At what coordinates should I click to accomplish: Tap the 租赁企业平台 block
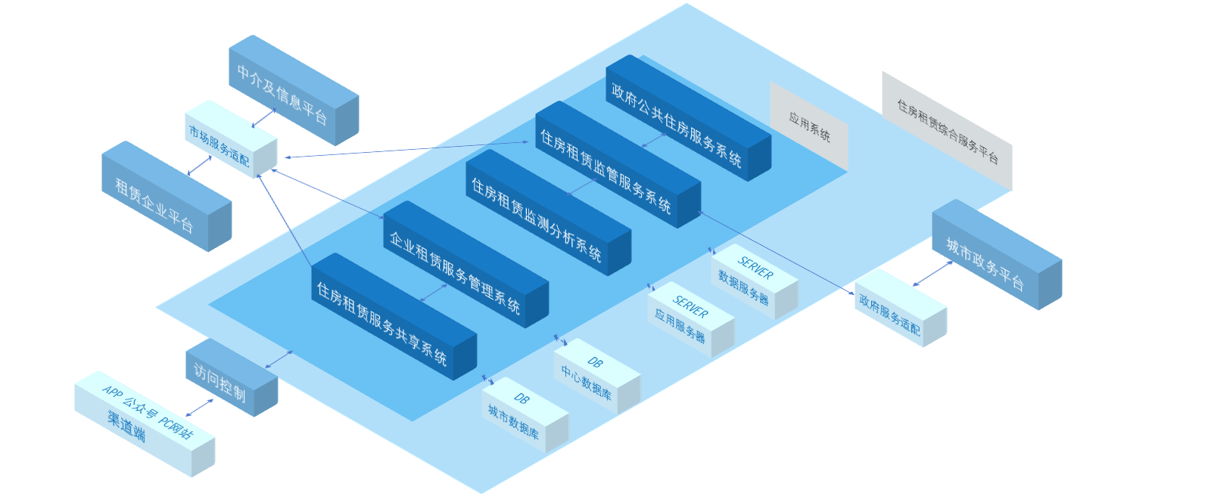pyautogui.click(x=166, y=197)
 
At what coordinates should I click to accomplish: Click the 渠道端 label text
pyautogui.click(x=126, y=426)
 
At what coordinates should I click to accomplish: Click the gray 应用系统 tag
pyautogui.click(x=809, y=127)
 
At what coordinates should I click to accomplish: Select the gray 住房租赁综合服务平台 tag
pyautogui.click(x=947, y=132)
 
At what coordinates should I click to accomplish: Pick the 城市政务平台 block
pyautogui.click(x=996, y=255)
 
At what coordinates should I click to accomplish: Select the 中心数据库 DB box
pyautogui.click(x=596, y=376)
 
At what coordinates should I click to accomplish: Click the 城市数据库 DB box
pyautogui.click(x=525, y=415)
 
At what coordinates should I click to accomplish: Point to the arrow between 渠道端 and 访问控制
pyautogui.click(x=199, y=408)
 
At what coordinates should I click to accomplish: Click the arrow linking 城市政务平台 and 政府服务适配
pyautogui.click(x=932, y=273)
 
